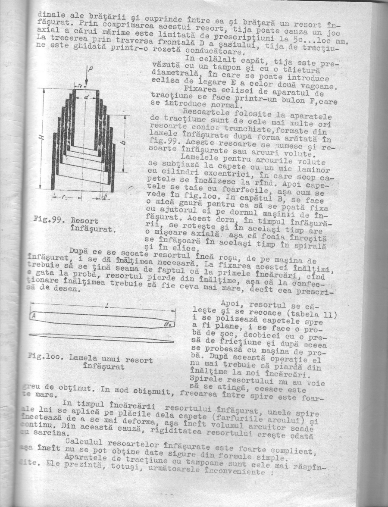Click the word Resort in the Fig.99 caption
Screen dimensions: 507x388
84,221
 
